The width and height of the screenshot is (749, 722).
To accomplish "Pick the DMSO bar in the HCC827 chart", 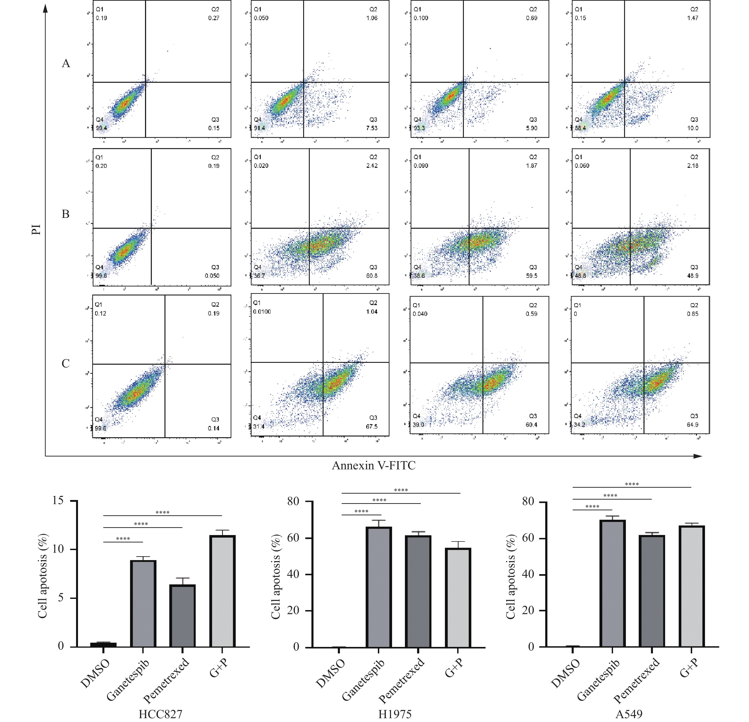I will [103, 645].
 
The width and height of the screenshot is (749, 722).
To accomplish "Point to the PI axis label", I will [36, 230].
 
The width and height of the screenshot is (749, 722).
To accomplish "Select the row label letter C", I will [66, 363].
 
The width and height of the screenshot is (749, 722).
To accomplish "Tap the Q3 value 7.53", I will [371, 128].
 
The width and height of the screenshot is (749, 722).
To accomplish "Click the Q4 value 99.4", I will [101, 128].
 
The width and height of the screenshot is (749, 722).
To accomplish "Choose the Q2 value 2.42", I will [371, 166].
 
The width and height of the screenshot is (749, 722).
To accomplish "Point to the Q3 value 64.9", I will [692, 425].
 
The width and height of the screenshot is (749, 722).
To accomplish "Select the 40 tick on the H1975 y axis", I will [293, 574].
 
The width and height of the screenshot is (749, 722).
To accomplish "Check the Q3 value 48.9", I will [692, 276].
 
